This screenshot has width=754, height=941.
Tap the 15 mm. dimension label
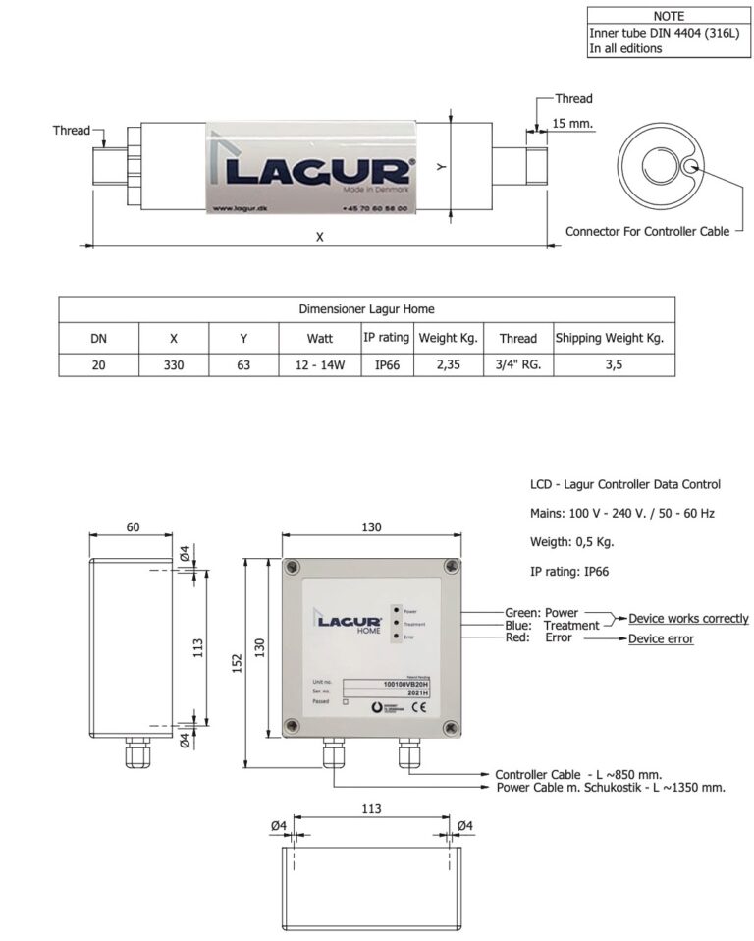point(574,124)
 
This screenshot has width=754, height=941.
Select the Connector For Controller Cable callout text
point(647,231)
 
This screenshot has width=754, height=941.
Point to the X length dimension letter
point(319,237)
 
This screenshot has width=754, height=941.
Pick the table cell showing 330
point(173,364)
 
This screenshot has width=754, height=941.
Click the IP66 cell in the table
point(386,364)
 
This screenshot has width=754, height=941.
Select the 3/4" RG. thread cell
point(517,364)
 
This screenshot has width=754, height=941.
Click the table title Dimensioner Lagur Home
point(366,308)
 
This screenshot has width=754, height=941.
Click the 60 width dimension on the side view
point(133,526)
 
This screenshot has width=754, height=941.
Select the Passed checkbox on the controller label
point(346,702)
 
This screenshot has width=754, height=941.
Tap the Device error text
point(661,638)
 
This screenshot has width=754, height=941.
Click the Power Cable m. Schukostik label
point(611,787)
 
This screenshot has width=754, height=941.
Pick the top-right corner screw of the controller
point(451,567)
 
